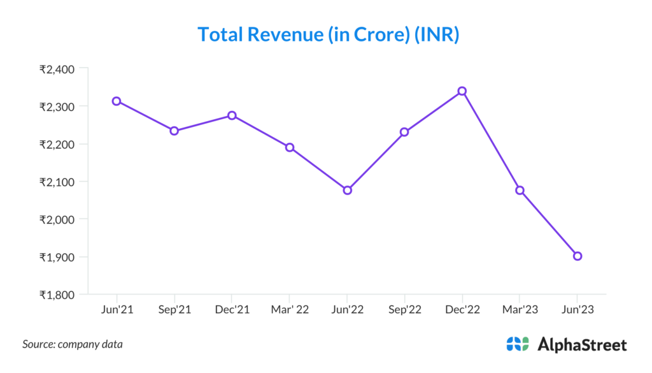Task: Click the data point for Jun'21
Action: coord(117,101)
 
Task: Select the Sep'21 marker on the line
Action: coord(174,131)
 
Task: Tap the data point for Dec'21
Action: coord(232,115)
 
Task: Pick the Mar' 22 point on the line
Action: coord(290,147)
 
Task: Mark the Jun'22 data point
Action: coord(347,190)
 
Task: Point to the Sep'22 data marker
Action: coord(404,132)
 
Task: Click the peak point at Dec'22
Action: coord(462,91)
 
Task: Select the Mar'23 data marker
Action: coord(520,190)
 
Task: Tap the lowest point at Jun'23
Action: coord(578,256)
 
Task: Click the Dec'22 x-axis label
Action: coord(462,309)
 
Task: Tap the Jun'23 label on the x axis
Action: coord(578,309)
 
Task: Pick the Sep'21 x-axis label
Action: coord(174,309)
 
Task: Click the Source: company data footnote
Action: coord(73,344)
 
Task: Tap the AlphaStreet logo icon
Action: coord(518,344)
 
